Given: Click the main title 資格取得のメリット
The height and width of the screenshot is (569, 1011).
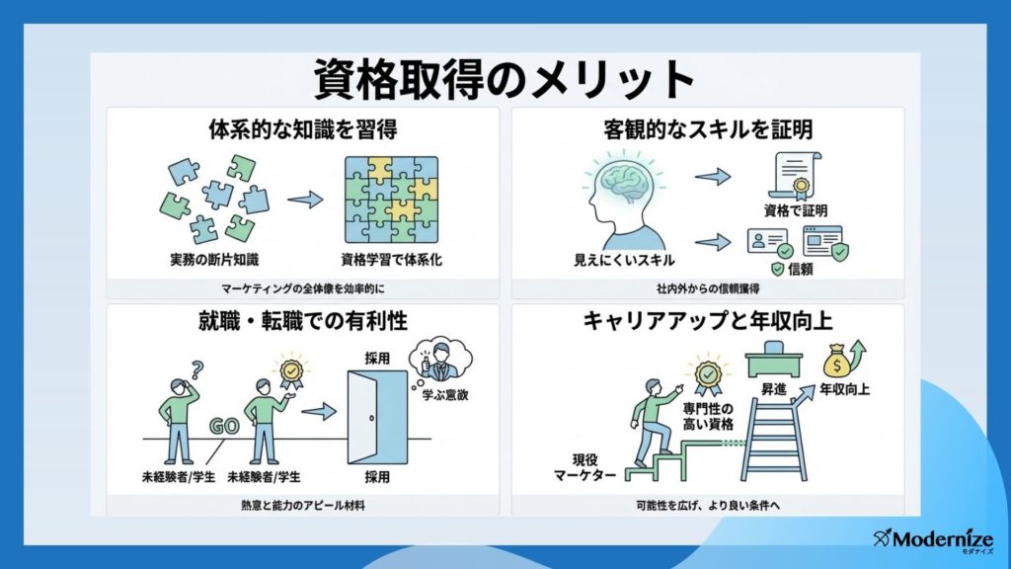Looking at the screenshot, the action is coord(504,79).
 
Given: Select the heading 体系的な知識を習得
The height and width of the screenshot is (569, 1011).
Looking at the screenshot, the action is coord(302,129).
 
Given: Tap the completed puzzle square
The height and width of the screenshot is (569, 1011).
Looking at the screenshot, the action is coord(391,200).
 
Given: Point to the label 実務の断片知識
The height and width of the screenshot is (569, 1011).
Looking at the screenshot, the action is coord(214,260).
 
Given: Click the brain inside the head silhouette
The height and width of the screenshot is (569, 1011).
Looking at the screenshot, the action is coord(625,179).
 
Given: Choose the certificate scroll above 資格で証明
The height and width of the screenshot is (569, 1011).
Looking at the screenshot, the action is coord(795,176).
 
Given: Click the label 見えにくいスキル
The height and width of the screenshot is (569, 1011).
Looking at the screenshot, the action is coord(624,261).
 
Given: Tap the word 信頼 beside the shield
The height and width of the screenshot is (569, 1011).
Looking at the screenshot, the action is coord(800,269).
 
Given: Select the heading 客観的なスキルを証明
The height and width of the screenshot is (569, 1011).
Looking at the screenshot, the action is coord(708,129).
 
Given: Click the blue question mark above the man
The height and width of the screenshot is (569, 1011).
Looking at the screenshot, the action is coord(197,369).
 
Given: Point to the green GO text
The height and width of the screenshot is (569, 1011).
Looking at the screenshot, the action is coord(224,427).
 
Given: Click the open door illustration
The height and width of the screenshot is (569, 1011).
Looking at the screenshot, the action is coord(377,417).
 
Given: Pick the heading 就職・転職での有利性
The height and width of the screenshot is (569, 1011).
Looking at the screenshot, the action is coord(302,321).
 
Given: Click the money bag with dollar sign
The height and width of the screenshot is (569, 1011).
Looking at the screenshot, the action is coord(837,362).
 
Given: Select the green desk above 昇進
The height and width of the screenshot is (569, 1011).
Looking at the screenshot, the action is coord(774,359).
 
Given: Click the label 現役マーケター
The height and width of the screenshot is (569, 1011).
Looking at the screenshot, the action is coord(584,467).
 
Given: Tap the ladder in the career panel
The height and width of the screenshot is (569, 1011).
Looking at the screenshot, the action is coord(773,439).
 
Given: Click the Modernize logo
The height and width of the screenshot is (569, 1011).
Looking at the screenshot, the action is coord(934,540).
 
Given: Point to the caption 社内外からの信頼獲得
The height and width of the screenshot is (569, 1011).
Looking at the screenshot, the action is coord(708,289).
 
